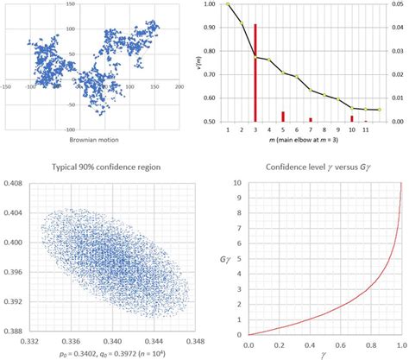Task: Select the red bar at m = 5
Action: click(282, 117)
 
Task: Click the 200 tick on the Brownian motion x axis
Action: click(179, 87)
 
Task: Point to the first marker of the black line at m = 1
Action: click(228, 4)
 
